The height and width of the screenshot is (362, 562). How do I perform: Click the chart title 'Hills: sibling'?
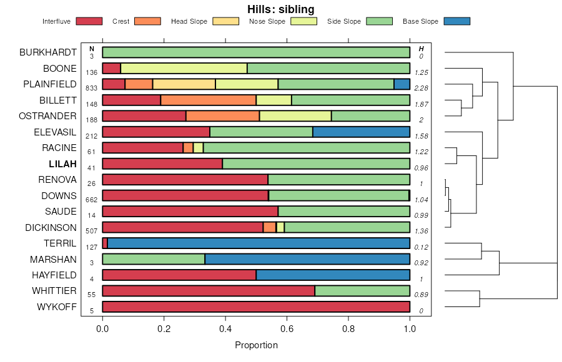coord(281,9)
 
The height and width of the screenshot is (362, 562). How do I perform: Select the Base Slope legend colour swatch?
coord(456,21)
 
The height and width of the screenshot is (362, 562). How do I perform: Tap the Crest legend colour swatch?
coord(147,21)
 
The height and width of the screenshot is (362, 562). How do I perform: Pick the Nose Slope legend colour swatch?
coord(303,21)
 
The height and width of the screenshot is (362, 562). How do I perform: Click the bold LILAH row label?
coord(62,164)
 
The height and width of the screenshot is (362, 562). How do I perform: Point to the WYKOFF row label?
coord(57,307)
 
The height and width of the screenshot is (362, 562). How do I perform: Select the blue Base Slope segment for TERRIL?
coord(259,243)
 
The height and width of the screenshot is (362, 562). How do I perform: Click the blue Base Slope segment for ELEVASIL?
coord(361,132)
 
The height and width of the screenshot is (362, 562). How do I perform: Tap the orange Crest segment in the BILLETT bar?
coord(209,100)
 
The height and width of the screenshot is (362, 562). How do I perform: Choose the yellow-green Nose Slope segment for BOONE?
coord(184,68)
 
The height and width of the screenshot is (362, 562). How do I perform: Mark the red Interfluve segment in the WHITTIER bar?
coord(209,291)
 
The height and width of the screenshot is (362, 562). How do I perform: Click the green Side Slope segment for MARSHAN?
coord(154,259)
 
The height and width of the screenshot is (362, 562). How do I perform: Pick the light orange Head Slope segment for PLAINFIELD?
coord(184,84)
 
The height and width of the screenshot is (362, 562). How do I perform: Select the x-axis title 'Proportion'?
coord(256,345)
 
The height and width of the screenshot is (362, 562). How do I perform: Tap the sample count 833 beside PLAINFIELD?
coord(92,89)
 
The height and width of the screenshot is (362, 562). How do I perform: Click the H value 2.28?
coord(421,89)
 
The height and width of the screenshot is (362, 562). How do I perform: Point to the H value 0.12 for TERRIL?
coord(421,248)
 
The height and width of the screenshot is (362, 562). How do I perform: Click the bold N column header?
coord(92,49)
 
